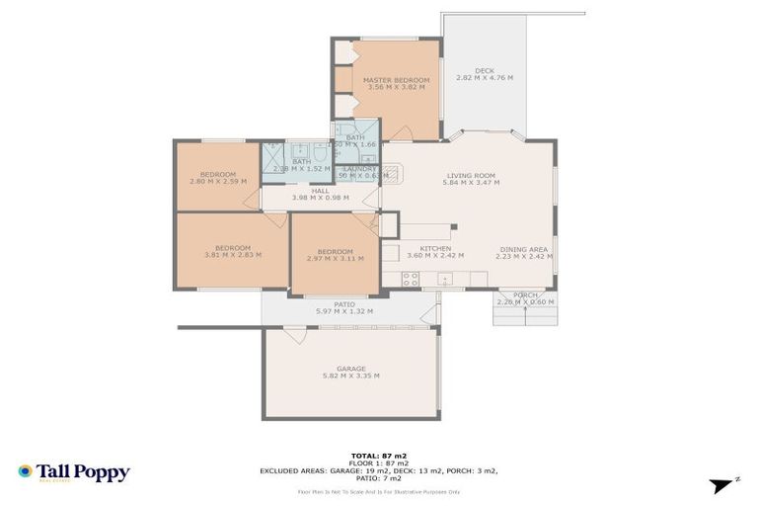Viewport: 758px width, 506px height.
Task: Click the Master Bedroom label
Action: pos(396,80)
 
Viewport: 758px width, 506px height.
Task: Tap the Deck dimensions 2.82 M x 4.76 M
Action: pos(484,78)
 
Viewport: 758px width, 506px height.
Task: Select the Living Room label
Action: pos(469,176)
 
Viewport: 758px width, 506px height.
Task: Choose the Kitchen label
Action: pos(435,249)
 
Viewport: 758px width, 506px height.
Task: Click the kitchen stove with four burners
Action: pos(411,279)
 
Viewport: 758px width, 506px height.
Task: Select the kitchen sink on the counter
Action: pos(445,279)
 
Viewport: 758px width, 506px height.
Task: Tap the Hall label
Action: pos(320,191)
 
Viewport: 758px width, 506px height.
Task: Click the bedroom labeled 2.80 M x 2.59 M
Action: pos(217,174)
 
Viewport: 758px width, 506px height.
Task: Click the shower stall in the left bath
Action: pos(271,157)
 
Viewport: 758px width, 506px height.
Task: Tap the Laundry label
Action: pos(358,169)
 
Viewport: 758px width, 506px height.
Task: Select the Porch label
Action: pos(525,295)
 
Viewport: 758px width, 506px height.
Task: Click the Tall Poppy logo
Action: pos(73,472)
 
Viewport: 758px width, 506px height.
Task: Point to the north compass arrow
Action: pos(724,484)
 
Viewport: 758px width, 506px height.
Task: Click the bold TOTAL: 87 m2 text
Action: pos(378,455)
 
